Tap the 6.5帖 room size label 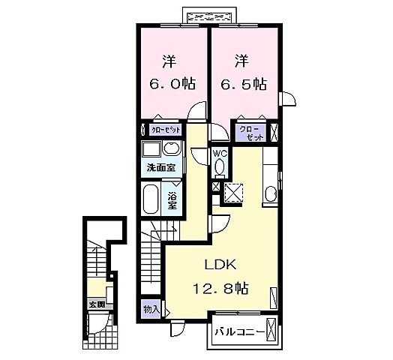tap(243, 85)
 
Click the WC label tap(220, 153)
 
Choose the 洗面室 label tap(160, 167)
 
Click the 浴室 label tap(172, 199)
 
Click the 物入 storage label tap(151, 309)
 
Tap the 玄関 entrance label tap(96, 304)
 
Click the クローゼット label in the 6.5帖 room tap(252, 133)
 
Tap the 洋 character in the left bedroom tap(170, 59)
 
